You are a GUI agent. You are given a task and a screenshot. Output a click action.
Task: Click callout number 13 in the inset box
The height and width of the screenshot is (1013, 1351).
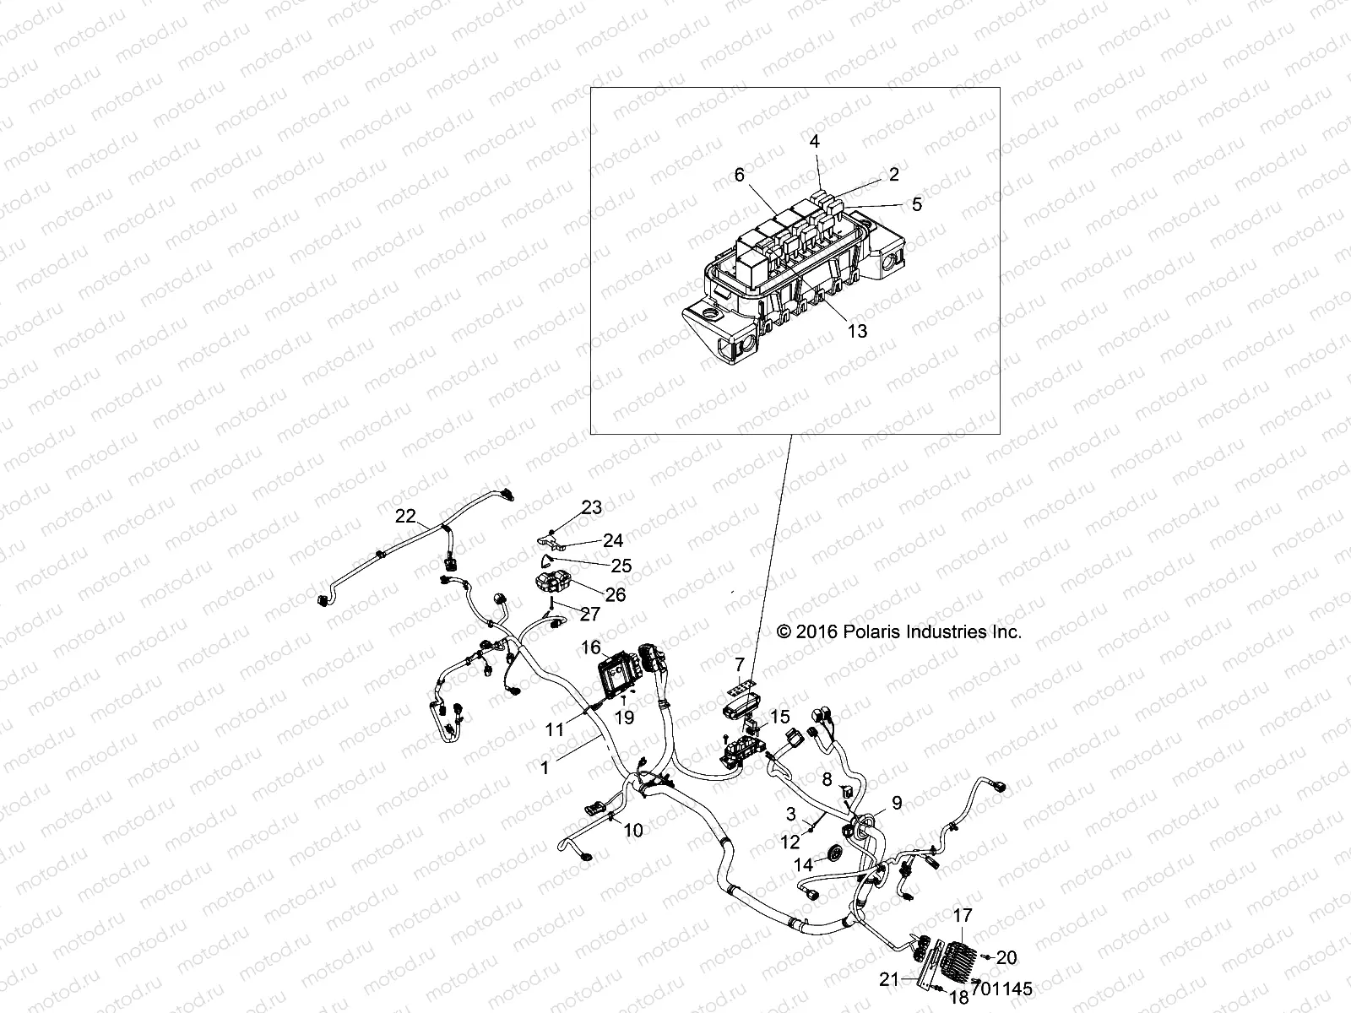point(856,332)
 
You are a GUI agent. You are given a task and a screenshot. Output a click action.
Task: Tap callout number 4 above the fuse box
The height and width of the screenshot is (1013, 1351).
point(815,142)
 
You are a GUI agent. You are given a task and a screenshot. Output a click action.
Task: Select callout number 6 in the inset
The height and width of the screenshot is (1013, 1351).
point(740,175)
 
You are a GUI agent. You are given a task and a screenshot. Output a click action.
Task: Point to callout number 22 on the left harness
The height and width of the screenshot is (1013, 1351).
point(406,516)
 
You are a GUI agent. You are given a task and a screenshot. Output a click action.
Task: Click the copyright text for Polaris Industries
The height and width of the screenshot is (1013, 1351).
point(898,631)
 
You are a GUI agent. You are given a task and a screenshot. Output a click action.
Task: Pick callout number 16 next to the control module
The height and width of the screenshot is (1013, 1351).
point(591,647)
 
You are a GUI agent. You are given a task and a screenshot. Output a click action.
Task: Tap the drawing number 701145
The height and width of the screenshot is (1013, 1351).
point(1004,989)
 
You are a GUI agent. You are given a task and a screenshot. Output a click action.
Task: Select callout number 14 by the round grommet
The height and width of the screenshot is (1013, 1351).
point(803,864)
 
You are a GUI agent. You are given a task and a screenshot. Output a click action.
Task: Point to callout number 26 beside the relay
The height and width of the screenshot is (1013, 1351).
point(616,594)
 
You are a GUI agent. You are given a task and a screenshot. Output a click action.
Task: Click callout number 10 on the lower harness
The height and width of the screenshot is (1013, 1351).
point(632,831)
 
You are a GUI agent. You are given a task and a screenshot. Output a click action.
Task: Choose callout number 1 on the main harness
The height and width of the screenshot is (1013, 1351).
point(545,767)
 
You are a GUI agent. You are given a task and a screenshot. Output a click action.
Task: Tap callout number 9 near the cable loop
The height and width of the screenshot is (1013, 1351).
point(897,804)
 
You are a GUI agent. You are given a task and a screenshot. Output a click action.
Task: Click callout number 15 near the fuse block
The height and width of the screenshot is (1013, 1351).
point(779,717)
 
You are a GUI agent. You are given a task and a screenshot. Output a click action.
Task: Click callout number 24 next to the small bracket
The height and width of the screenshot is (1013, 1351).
point(612,540)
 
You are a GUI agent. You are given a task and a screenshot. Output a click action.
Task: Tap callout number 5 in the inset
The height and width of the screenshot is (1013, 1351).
point(917,204)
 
